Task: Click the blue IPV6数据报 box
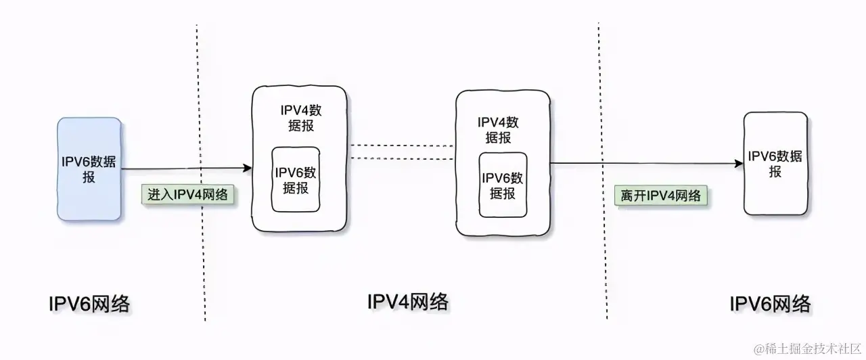pos(89,169)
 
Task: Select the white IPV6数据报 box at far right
pos(775,164)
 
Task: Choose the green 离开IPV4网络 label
pos(661,196)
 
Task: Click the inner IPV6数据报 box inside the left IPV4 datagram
pos(296,179)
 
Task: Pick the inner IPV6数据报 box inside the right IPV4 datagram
pos(503,185)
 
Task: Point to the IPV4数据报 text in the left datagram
pos(300,118)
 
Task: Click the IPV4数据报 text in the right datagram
pos(499,129)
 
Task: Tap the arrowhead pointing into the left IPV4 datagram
pos(247,168)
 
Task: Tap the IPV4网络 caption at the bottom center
pos(407,301)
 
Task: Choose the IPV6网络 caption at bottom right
pos(770,304)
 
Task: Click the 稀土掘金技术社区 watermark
pos(808,348)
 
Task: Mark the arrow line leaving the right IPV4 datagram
pos(643,164)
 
